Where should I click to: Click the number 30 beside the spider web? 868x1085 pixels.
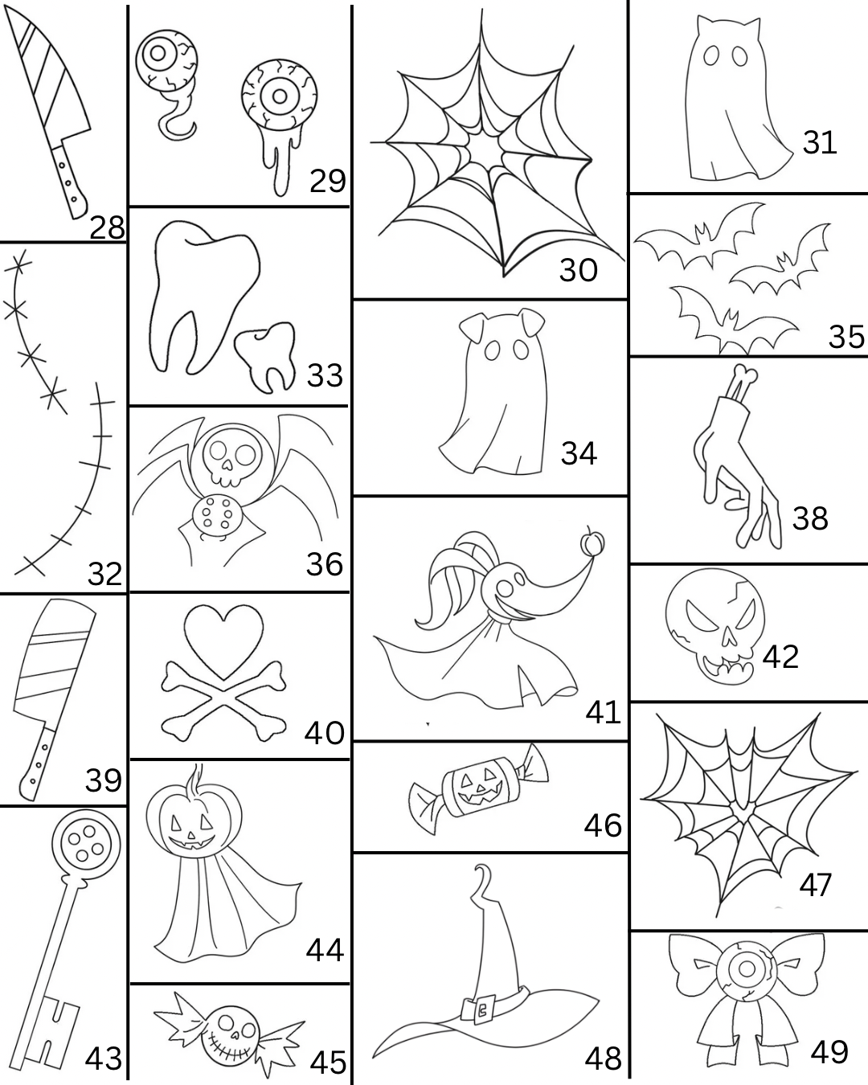[578, 270]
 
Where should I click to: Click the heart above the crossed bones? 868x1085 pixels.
[223, 641]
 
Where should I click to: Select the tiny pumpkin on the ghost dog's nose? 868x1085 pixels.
[593, 542]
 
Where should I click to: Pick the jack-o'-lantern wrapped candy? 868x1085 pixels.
[477, 790]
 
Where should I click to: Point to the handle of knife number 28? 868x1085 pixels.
[68, 180]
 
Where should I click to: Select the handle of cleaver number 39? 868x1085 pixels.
[36, 763]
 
